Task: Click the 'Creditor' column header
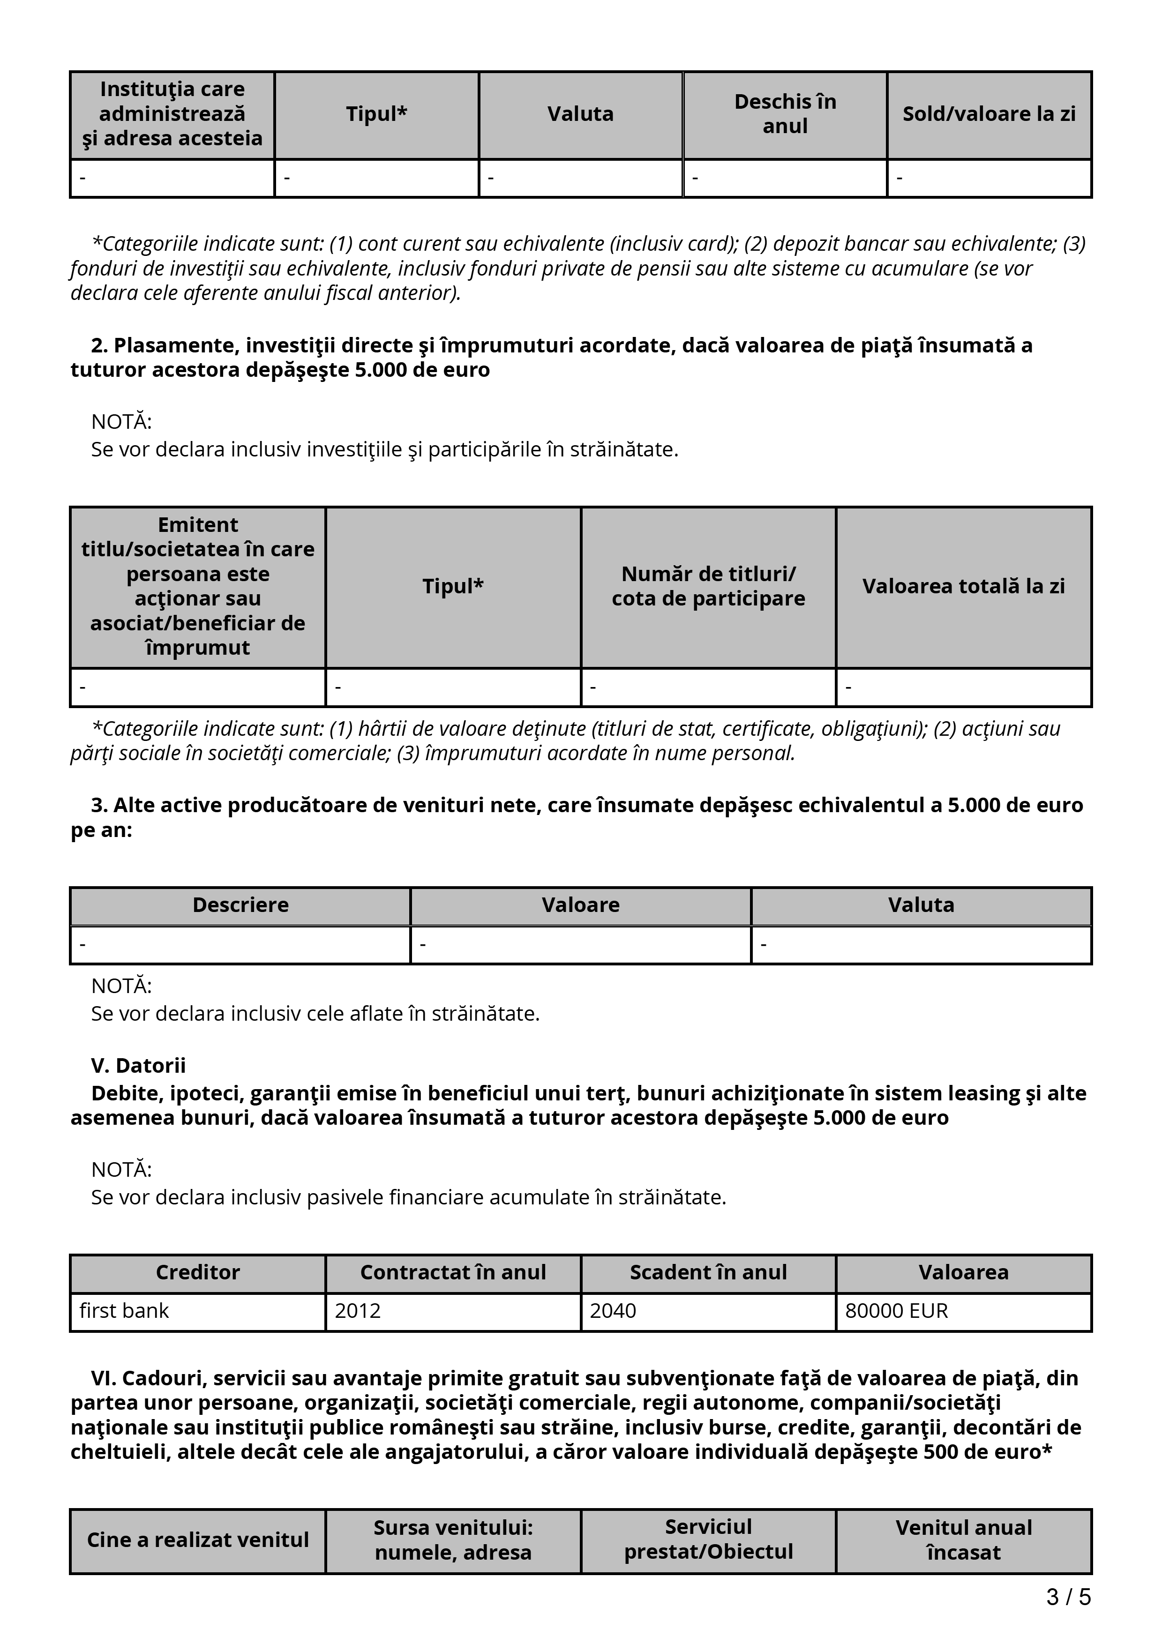coord(198,1272)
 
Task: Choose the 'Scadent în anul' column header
coord(708,1272)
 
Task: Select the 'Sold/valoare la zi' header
coord(989,114)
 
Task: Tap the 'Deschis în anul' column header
coord(785,114)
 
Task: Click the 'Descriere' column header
coord(240,904)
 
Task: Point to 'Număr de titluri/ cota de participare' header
coord(708,586)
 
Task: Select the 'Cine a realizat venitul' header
coord(198,1539)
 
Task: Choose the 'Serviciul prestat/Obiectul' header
coord(708,1539)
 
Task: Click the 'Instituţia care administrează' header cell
coord(172,114)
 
